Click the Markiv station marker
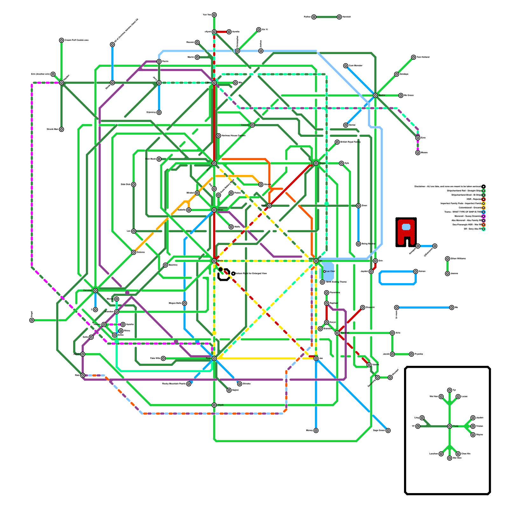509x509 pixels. pyautogui.click(x=375, y=95)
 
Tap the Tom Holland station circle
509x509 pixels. pyautogui.click(x=414, y=57)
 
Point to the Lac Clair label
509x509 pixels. pyautogui.click(x=331, y=271)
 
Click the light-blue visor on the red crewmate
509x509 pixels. pyautogui.click(x=406, y=227)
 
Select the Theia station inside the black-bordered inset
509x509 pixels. pyautogui.click(x=450, y=426)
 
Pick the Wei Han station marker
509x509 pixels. pyautogui.click(x=441, y=397)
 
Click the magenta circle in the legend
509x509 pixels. pyautogui.click(x=484, y=216)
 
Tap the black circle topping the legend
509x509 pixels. pyautogui.click(x=484, y=187)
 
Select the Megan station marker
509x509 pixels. pyautogui.click(x=316, y=163)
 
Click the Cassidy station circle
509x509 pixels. pyautogui.click(x=252, y=125)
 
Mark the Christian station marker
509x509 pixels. pyautogui.click(x=95, y=290)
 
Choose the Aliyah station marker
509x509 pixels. pyautogui.click(x=214, y=405)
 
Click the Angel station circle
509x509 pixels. pyautogui.click(x=32, y=320)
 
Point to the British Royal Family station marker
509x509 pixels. pyautogui.click(x=337, y=142)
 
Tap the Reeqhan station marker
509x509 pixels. pyautogui.click(x=326, y=303)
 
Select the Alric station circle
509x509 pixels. pyautogui.click(x=392, y=333)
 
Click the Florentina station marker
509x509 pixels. pyautogui.click(x=326, y=293)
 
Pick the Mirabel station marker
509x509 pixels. pyautogui.click(x=197, y=193)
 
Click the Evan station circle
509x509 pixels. pyautogui.click(x=269, y=206)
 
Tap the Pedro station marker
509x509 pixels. pyautogui.click(x=231, y=193)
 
